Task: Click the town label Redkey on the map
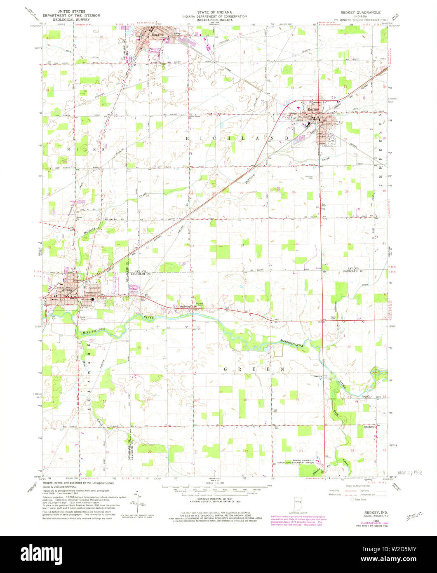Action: pos(311,109)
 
